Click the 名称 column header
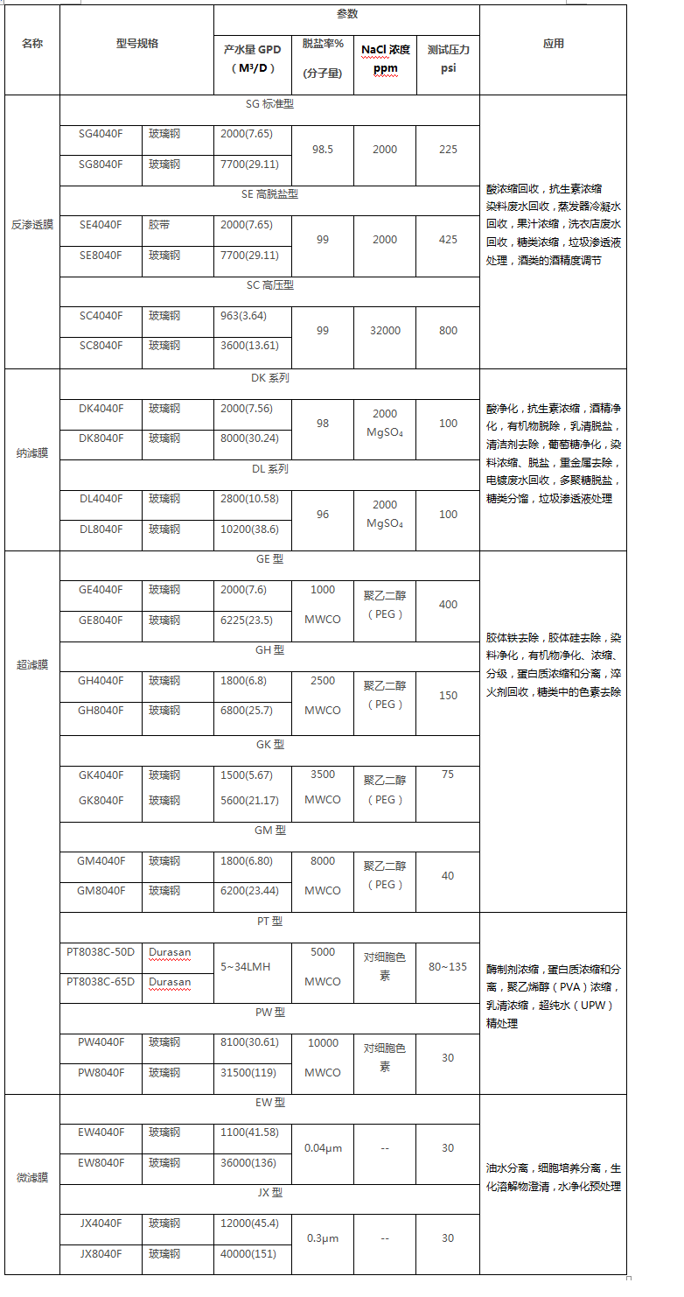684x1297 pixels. tap(32, 44)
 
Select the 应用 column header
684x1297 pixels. tap(553, 44)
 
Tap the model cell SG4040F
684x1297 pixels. tap(101, 134)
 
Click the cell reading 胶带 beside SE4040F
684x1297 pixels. tap(159, 225)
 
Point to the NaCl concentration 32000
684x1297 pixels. tap(385, 330)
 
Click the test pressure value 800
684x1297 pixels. tap(448, 330)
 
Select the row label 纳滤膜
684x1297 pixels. tap(32, 453)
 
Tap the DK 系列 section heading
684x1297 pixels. tap(269, 378)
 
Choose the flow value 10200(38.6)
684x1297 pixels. tap(251, 529)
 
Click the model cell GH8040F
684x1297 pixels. tap(101, 710)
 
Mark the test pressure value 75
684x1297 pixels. tap(448, 774)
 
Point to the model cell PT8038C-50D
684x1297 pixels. tap(101, 951)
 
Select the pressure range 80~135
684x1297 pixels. tap(448, 967)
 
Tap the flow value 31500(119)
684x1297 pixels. tap(249, 1072)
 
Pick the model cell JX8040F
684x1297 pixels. tap(101, 1253)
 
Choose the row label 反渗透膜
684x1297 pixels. tap(32, 225)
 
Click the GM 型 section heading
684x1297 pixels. tap(269, 831)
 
